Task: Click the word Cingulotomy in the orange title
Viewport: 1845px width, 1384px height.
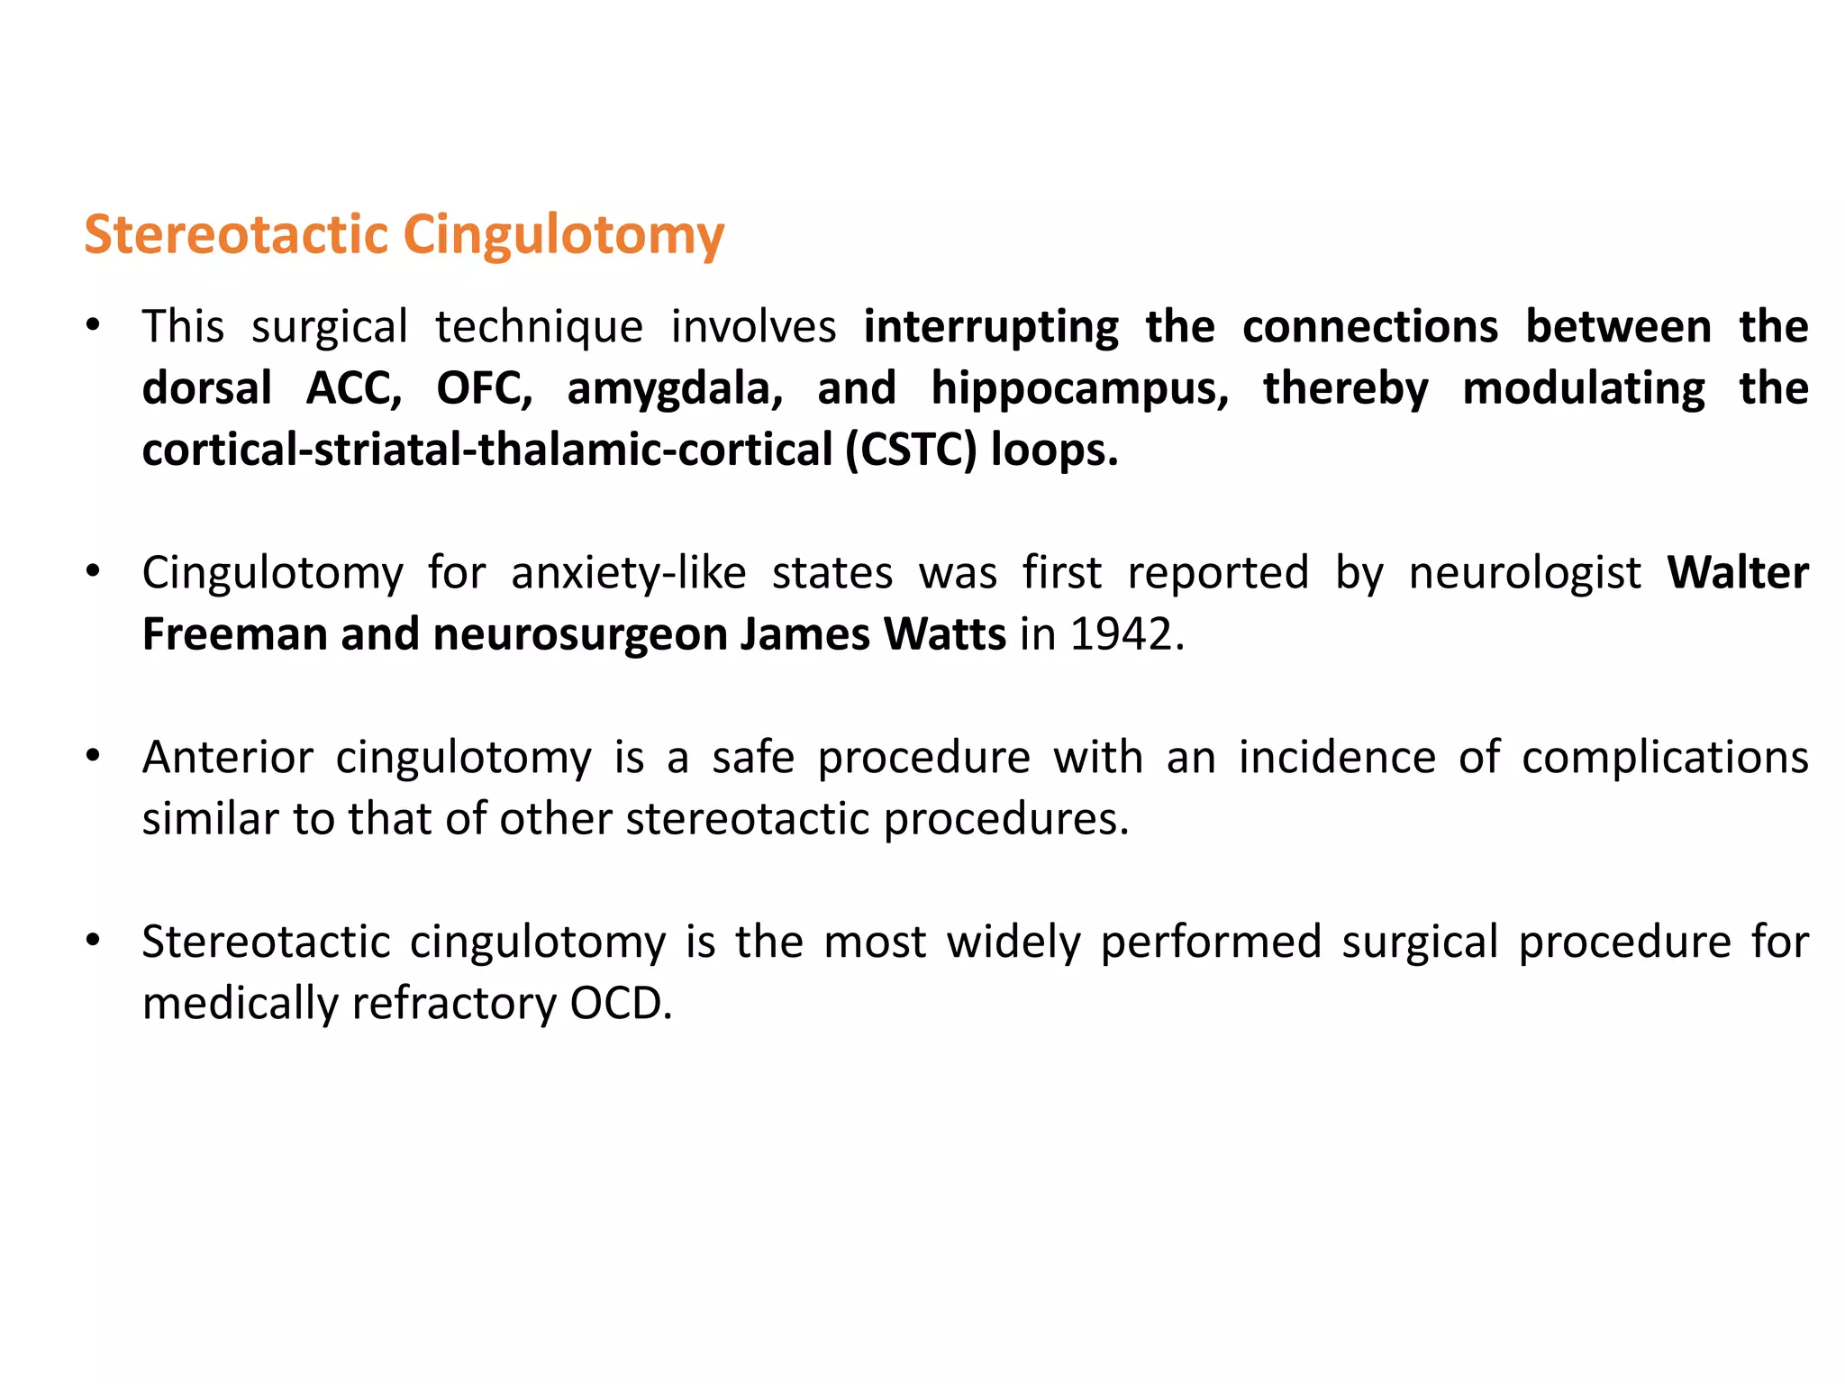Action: (563, 236)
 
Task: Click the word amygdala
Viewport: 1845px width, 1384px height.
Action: (675, 388)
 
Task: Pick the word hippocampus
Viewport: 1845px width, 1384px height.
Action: (1079, 388)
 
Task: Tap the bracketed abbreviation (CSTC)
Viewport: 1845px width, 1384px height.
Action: (910, 450)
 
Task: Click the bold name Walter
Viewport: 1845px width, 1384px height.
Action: (1738, 572)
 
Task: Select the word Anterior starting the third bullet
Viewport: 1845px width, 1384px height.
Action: (228, 757)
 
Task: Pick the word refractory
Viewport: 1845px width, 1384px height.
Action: (454, 1004)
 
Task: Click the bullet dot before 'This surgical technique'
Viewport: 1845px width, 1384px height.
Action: (92, 325)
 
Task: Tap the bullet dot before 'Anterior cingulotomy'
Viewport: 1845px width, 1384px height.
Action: (92, 756)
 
